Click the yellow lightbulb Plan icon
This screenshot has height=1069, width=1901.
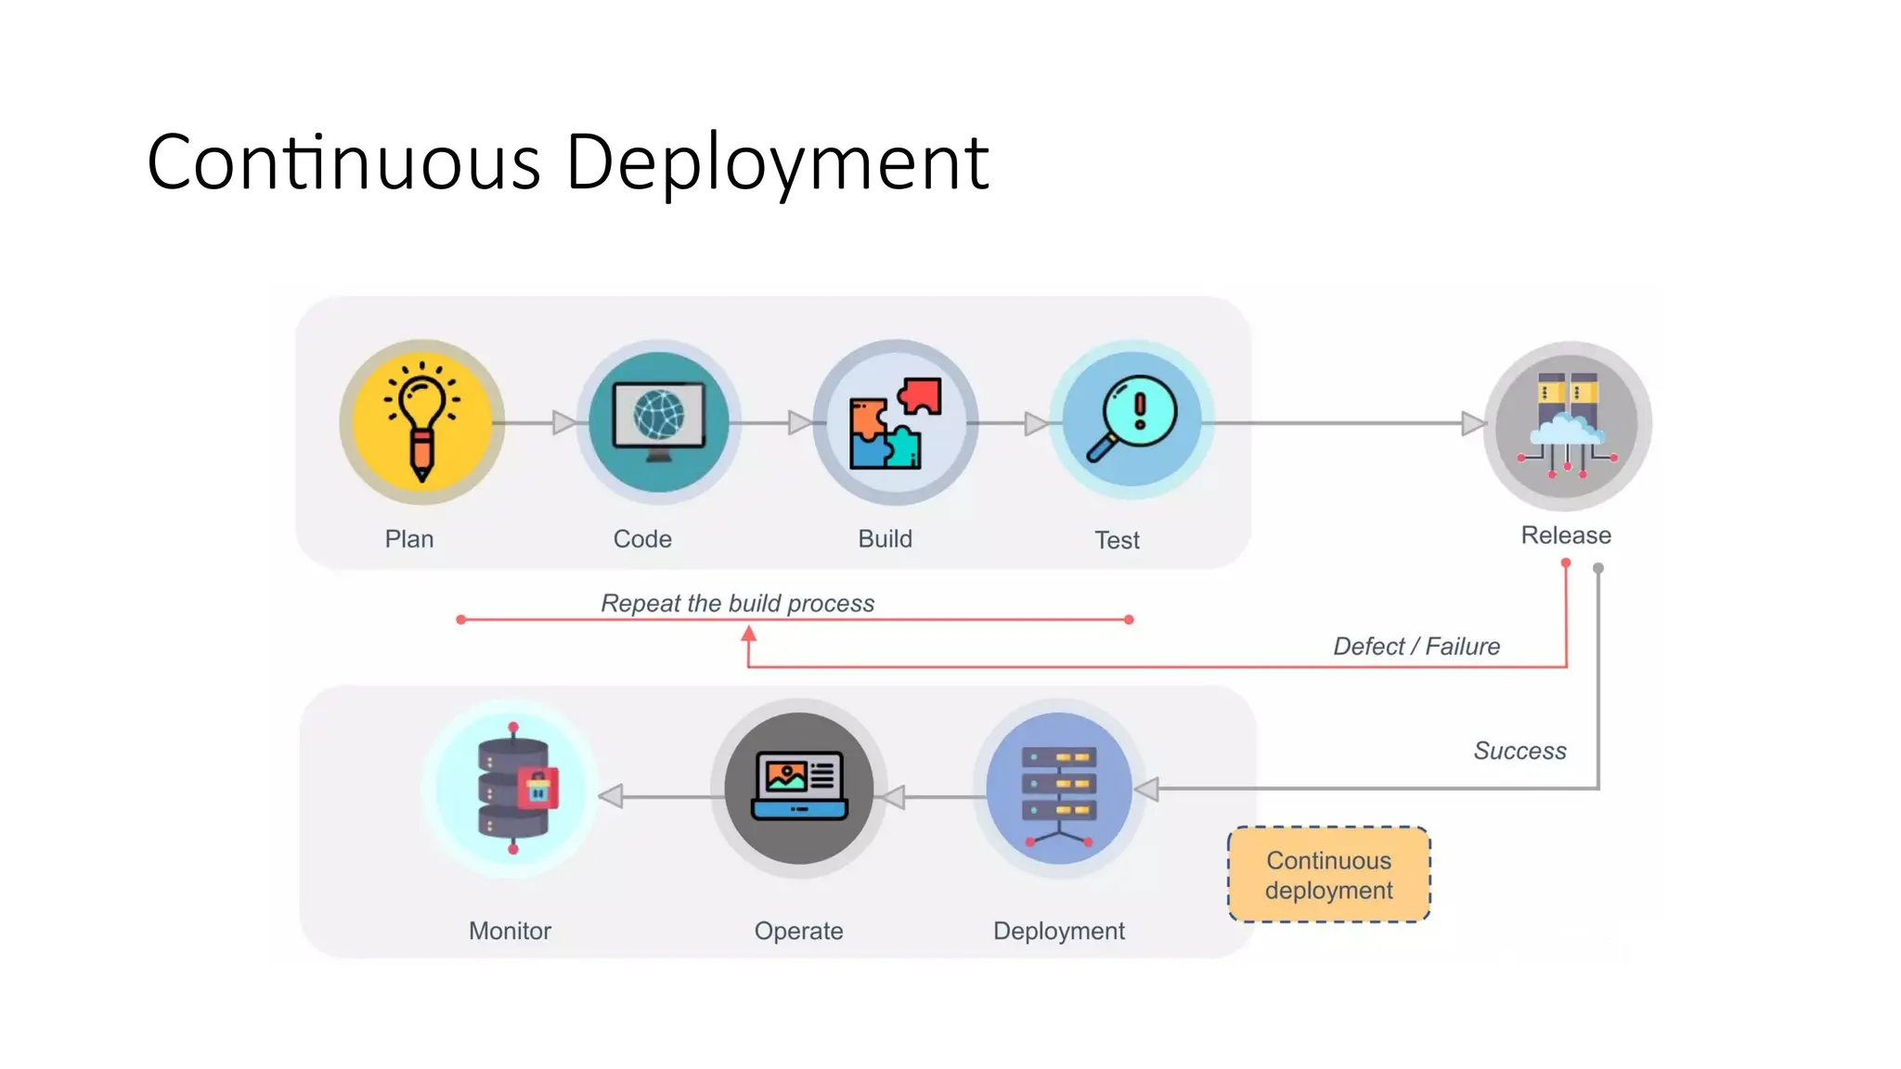pos(422,422)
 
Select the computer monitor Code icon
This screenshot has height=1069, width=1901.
pos(659,422)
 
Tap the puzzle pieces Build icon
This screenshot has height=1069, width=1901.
pos(895,422)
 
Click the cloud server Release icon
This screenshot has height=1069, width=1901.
pos(1567,425)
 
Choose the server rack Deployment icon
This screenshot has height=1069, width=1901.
pos(1059,789)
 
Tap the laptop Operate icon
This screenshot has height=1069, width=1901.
pos(799,789)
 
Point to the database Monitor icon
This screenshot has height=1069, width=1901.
pos(513,789)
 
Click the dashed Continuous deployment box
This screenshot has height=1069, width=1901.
pos(1328,874)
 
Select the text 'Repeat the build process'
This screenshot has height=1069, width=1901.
pos(737,603)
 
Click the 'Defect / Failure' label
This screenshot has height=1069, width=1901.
pos(1416,646)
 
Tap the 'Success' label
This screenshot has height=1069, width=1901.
pos(1520,751)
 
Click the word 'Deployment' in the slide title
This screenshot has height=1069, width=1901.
pos(777,162)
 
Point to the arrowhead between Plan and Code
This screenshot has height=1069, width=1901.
pos(563,423)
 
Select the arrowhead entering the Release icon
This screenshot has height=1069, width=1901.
pos(1473,424)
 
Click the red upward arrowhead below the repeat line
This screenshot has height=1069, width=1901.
pos(749,634)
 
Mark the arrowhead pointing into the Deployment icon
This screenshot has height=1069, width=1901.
pos(1147,790)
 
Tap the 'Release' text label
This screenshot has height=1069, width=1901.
pos(1566,535)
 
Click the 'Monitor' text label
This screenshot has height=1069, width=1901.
pos(510,931)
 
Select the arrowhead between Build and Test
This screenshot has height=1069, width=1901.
pos(1036,424)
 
